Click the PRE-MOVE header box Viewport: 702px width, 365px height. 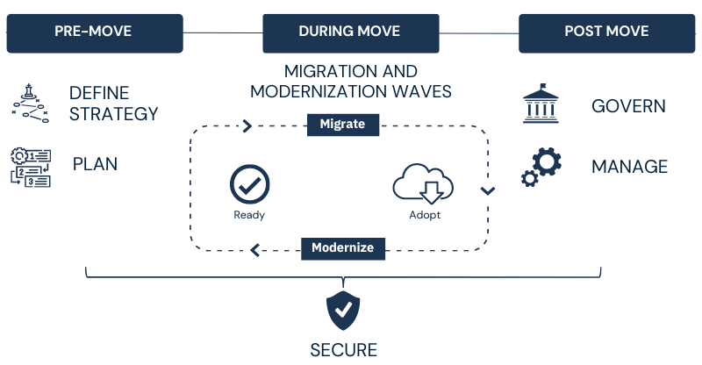click(x=93, y=32)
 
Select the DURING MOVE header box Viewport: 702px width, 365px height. click(x=349, y=32)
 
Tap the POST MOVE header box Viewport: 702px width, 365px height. click(x=606, y=32)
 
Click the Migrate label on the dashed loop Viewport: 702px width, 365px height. click(x=342, y=125)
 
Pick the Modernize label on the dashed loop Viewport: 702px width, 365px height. click(x=343, y=248)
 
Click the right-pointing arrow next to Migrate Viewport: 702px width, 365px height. click(x=247, y=126)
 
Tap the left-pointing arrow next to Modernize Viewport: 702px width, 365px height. click(x=253, y=251)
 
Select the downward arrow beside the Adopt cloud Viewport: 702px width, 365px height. click(x=486, y=191)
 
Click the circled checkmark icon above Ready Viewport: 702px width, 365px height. click(x=249, y=185)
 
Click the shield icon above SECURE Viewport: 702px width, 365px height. click(x=343, y=310)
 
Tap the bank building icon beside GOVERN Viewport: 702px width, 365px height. click(x=541, y=105)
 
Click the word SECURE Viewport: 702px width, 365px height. click(x=343, y=350)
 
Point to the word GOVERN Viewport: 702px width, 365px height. click(x=628, y=107)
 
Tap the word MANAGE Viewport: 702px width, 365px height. click(x=629, y=166)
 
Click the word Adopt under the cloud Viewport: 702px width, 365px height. click(x=425, y=215)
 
